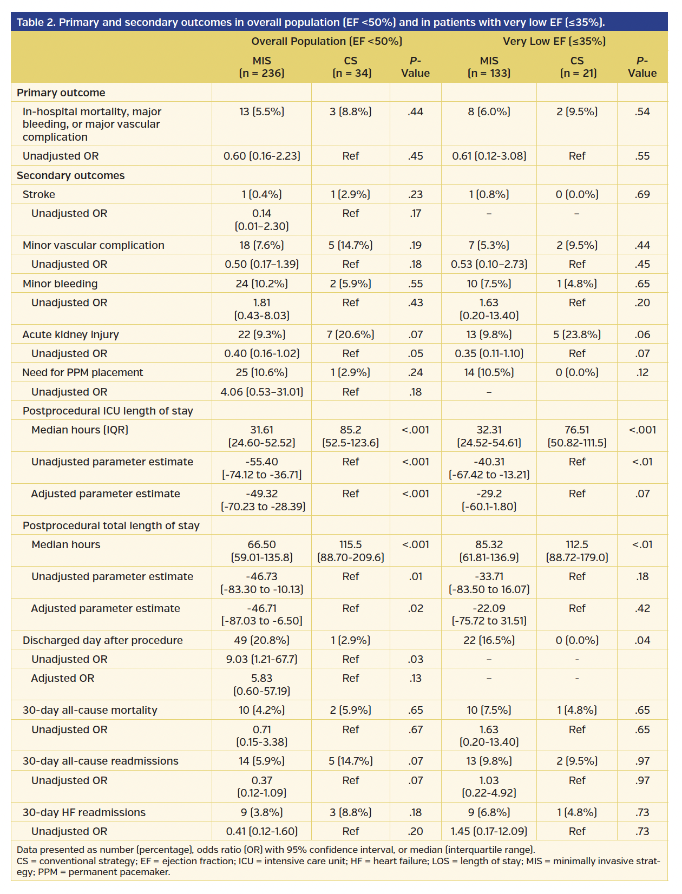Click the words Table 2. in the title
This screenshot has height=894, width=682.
point(36,22)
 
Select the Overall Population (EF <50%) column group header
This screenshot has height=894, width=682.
point(326,41)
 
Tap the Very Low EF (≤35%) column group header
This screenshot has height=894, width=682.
point(554,41)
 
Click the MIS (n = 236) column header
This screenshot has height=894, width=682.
point(261,67)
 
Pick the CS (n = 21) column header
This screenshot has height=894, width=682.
point(577,67)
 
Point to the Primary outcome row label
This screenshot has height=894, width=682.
point(61,93)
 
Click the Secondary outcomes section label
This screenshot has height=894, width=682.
point(70,175)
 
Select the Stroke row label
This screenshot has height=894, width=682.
point(38,194)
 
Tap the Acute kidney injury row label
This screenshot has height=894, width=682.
point(70,334)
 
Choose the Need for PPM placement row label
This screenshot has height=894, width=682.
point(82,372)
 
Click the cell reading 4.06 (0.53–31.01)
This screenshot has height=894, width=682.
point(261,392)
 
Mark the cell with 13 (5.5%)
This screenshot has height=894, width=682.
point(261,111)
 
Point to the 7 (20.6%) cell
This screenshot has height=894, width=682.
point(350,334)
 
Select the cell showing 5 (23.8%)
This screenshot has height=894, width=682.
point(577,334)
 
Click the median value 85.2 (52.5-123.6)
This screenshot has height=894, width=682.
point(350,436)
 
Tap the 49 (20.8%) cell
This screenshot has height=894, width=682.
point(261,640)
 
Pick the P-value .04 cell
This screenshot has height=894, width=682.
point(642,640)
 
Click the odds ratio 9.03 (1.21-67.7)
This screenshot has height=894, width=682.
point(261,659)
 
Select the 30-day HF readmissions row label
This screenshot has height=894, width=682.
point(84,812)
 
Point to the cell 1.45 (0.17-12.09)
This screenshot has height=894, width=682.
point(489,831)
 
